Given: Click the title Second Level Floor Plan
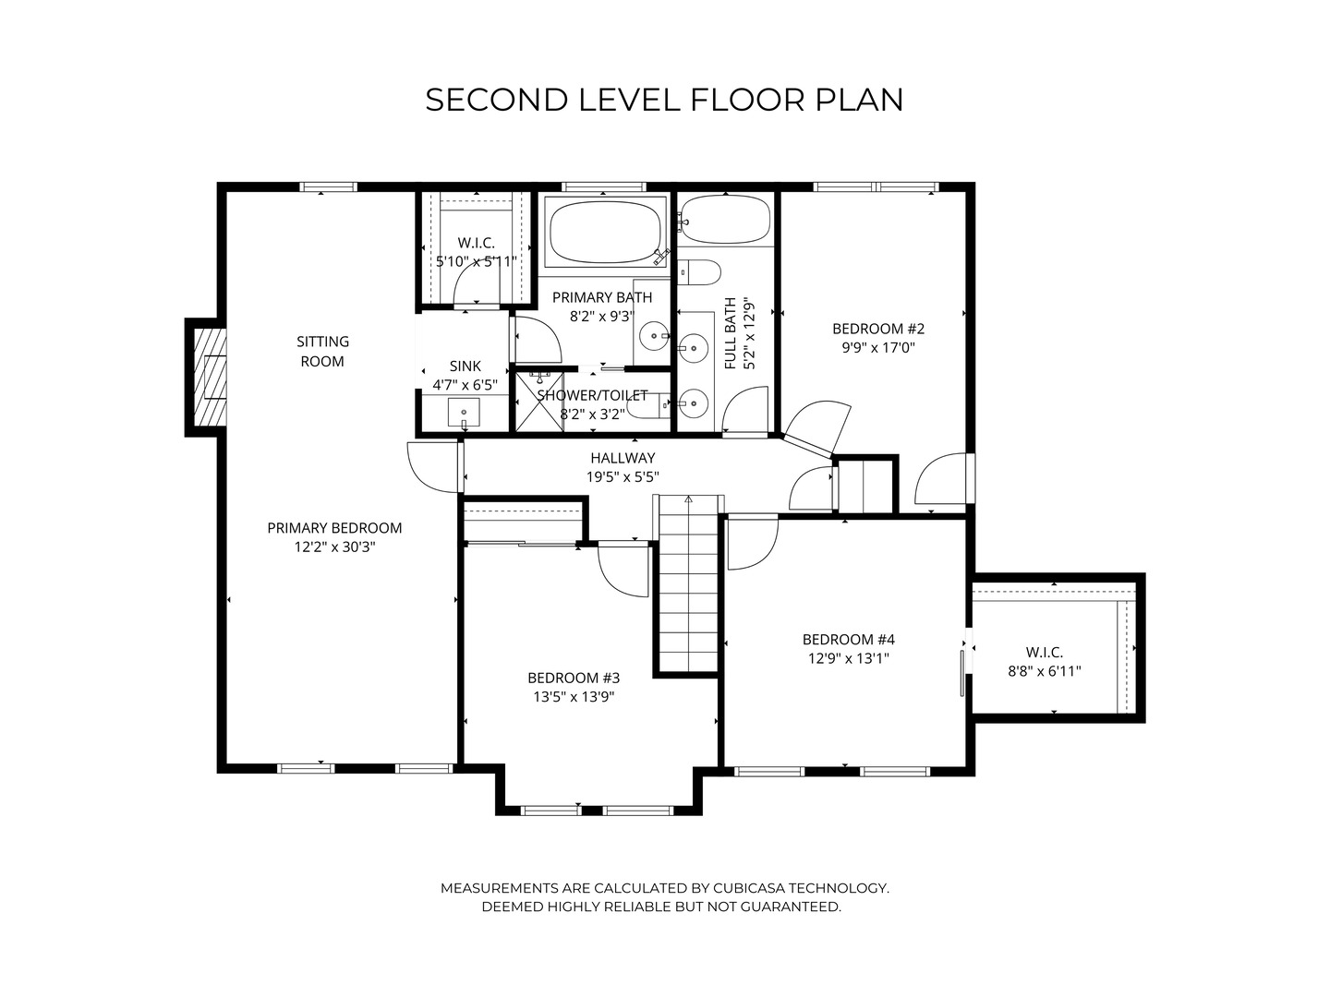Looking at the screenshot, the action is point(664,100).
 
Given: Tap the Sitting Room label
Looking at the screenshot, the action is point(322,351).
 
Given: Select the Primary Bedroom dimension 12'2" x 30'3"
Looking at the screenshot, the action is point(334,547).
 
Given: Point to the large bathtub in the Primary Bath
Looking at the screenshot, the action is point(604,233).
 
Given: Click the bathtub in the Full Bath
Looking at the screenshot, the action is point(725,219).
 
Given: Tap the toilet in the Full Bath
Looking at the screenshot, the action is point(698,272).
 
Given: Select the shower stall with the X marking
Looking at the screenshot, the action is point(539,402).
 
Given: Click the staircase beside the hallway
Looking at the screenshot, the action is point(688,583).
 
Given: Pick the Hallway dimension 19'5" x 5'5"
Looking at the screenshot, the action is point(623,477).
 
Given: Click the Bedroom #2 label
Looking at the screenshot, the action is point(878,329).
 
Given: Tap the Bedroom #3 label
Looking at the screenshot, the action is point(574,678).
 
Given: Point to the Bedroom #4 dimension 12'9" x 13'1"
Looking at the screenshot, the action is point(848,658).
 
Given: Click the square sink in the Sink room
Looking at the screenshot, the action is point(464,413).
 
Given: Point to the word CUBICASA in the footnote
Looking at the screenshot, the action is point(748,888).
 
